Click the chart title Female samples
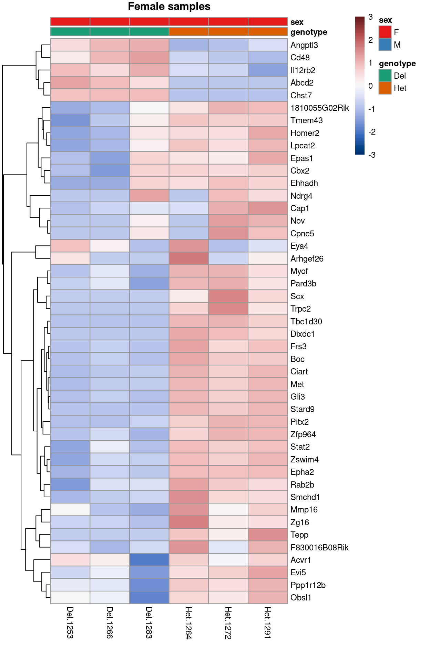[x=169, y=7]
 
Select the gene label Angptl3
[x=304, y=45]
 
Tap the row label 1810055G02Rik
[x=319, y=108]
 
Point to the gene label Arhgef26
[x=307, y=259]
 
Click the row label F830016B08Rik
[x=319, y=548]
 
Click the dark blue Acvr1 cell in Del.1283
[x=149, y=560]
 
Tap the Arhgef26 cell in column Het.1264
[x=188, y=259]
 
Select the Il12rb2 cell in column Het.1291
[x=267, y=70]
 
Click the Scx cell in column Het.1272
[x=228, y=296]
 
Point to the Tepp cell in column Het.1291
[x=267, y=535]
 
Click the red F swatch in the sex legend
[x=385, y=32]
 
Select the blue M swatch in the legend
[x=385, y=45]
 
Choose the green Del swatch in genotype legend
[x=385, y=76]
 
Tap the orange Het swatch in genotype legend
[x=385, y=88]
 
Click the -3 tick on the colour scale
[x=371, y=155]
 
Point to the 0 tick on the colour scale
[x=370, y=86]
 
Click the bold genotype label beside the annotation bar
[x=308, y=32]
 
